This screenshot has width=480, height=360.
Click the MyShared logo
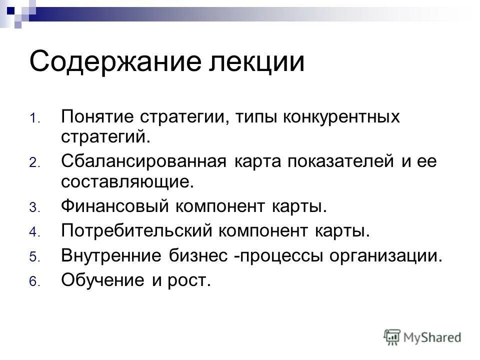(422, 337)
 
